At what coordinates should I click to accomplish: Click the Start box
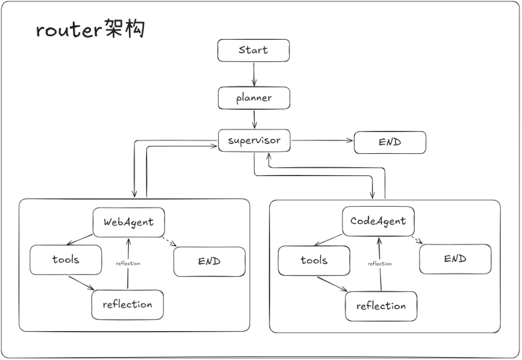coord(253,50)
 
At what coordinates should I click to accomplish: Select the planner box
coord(254,98)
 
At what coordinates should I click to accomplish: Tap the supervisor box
coord(254,141)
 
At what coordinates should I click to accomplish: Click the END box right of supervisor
coord(390,142)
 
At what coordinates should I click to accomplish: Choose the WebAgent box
coord(128,222)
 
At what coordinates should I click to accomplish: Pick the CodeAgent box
coord(378,221)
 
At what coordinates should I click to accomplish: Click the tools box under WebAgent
coord(66,260)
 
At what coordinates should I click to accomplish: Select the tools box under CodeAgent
coord(314,261)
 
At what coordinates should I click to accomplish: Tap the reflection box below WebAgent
coord(128,305)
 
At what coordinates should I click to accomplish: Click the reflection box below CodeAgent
coord(381,306)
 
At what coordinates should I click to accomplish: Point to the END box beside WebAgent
coord(209,262)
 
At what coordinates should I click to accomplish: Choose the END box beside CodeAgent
coord(456,259)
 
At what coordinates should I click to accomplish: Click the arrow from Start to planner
coord(254,74)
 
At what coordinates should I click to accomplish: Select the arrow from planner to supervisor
coord(254,119)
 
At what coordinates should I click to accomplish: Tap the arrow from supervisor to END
coord(322,141)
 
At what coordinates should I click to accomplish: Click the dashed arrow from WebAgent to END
coord(169,242)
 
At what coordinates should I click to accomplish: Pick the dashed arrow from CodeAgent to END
coord(417,240)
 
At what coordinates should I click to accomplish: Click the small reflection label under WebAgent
coord(128,264)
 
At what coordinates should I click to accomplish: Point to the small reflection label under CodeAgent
coord(380,264)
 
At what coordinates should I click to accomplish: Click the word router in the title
coord(69,30)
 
